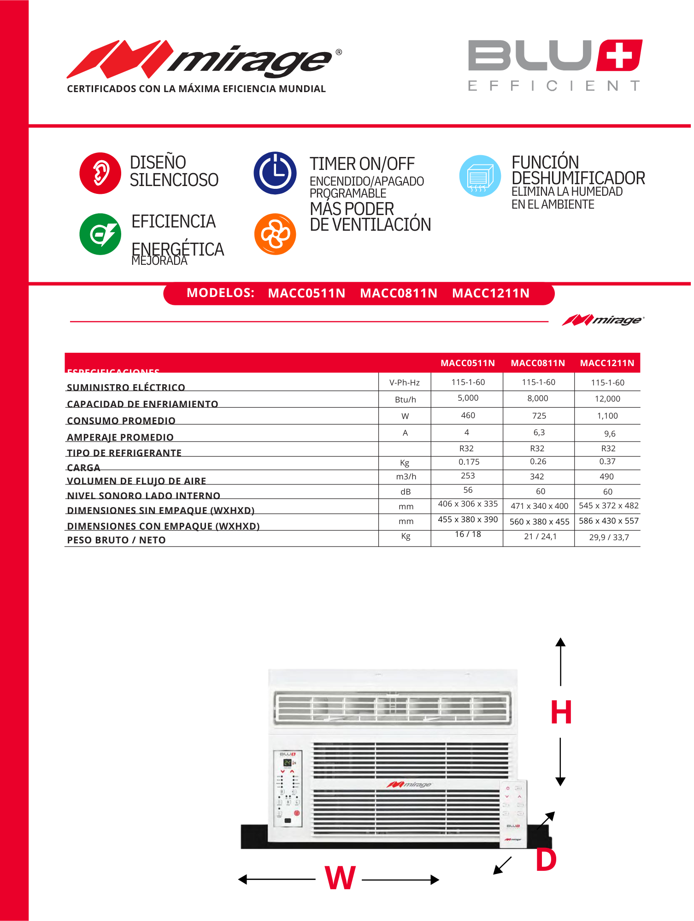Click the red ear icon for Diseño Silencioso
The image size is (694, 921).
[100, 173]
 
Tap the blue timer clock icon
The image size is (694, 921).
[275, 173]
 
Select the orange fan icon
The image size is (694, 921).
[275, 234]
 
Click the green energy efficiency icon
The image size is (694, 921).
[100, 234]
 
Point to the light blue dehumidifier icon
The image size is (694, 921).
[480, 176]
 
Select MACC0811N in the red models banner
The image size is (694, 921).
[399, 293]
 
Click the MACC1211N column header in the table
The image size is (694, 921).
[607, 363]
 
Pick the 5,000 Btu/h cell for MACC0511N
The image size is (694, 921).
[468, 398]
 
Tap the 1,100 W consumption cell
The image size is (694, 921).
[607, 416]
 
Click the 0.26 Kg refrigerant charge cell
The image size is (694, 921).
[538, 461]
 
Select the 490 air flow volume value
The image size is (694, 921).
[606, 477]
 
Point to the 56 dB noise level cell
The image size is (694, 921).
[468, 490]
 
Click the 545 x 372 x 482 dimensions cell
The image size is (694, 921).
[608, 506]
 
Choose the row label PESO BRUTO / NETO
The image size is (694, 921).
[116, 540]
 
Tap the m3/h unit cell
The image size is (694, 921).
[406, 477]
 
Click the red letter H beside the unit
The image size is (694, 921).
[561, 712]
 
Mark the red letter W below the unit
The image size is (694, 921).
[340, 878]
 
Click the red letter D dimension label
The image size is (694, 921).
[546, 860]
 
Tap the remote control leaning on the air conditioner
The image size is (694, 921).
[513, 813]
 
